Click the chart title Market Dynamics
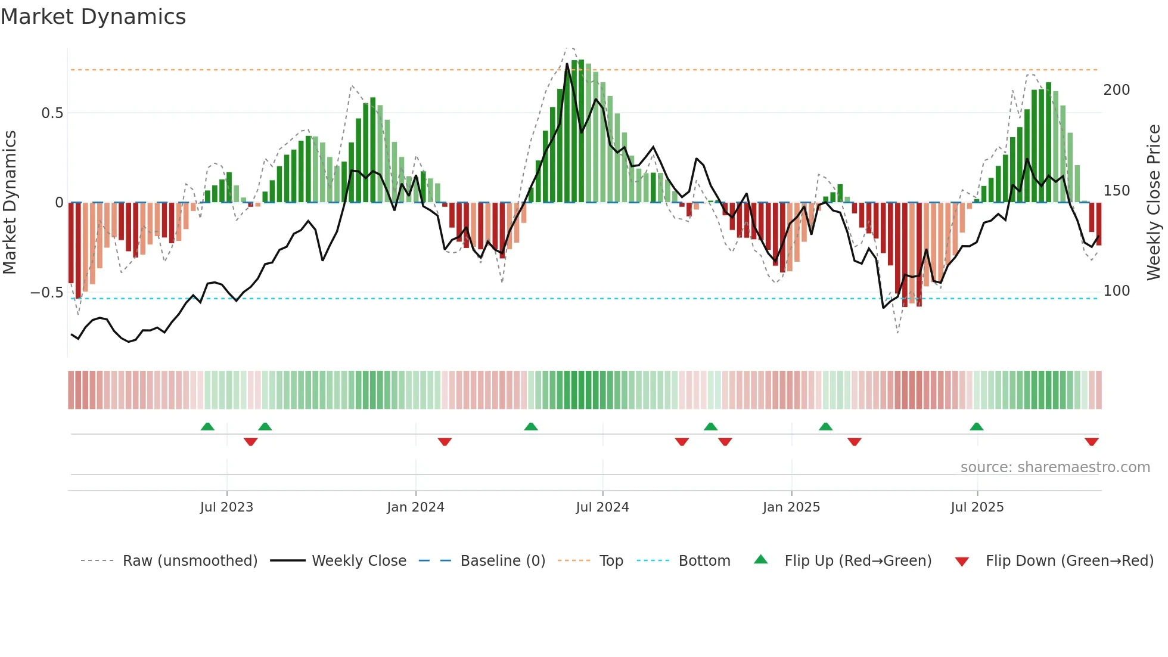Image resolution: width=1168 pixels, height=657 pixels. (x=94, y=17)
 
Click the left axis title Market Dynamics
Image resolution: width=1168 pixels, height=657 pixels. (x=10, y=202)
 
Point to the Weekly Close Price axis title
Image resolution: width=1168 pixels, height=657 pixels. (x=1154, y=202)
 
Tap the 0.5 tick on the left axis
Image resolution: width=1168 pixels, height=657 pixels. (x=52, y=113)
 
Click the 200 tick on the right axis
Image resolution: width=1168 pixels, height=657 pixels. (x=1116, y=90)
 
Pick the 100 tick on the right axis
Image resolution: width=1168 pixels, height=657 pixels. (x=1116, y=291)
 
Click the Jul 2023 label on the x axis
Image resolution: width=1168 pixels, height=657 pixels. (x=226, y=507)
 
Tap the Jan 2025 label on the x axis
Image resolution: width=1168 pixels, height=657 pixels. (x=791, y=507)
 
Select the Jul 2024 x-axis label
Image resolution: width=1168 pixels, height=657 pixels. (x=602, y=507)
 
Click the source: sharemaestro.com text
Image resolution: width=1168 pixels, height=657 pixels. (x=1055, y=467)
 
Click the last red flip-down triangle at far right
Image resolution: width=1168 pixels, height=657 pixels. (x=1092, y=442)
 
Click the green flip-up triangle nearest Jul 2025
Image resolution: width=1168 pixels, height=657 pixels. (x=976, y=427)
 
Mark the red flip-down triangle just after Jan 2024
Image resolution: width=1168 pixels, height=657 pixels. (x=445, y=442)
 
